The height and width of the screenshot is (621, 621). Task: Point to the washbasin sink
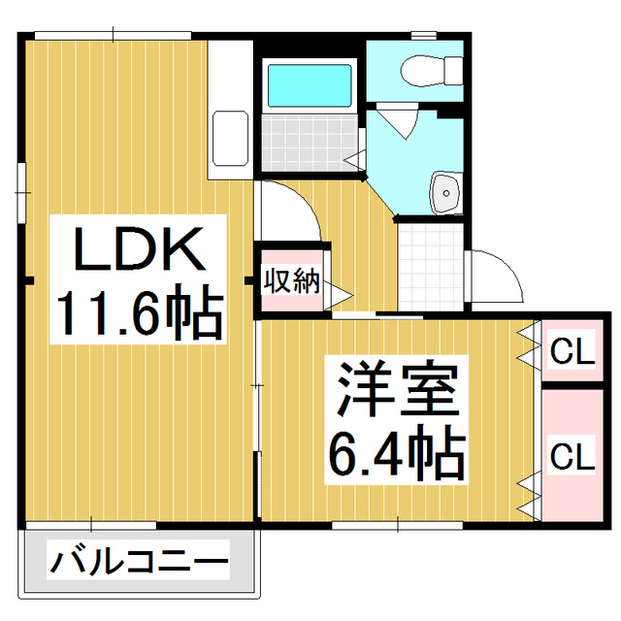pos(445,191)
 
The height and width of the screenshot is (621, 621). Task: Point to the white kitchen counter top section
pos(230,73)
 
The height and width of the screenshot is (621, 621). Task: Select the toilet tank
pos(452,68)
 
